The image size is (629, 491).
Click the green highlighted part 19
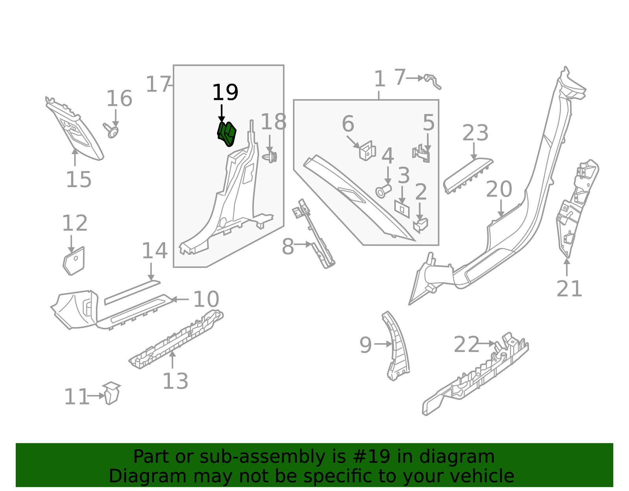coord(227,134)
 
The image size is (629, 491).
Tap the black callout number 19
coord(225,93)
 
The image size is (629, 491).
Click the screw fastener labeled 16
coord(112,131)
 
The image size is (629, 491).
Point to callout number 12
coord(75,223)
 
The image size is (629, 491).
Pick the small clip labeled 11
coord(112,393)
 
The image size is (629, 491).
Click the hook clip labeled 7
coord(433,81)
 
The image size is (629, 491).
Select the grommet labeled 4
coord(383,191)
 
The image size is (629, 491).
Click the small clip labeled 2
coord(420,225)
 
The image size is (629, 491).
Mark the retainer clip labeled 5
coord(421,154)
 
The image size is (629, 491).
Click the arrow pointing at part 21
coord(566,267)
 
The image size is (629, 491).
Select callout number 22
coord(466,345)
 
